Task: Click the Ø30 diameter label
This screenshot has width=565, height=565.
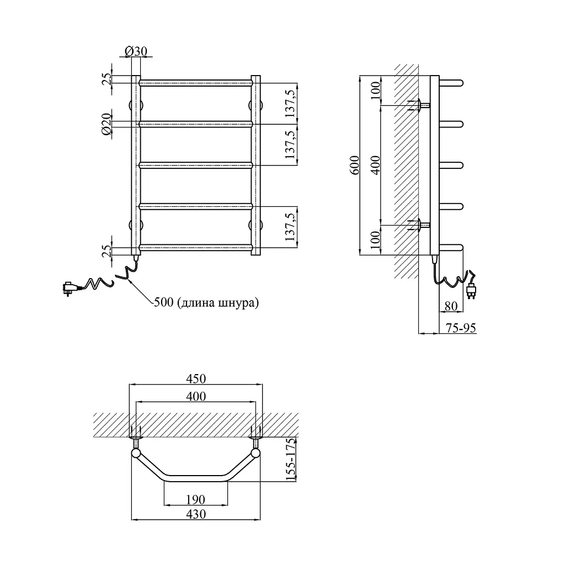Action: coord(136,51)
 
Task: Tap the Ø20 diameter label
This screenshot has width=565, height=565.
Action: coord(106,124)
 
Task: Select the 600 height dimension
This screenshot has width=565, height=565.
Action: coord(355,165)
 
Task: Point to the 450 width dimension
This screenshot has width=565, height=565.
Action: coord(196,379)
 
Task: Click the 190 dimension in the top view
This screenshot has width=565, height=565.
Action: coord(196,499)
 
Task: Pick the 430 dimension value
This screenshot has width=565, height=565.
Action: coord(196,514)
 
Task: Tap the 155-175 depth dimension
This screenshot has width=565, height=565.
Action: coord(290,459)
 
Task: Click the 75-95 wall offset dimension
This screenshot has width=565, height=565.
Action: coord(461,328)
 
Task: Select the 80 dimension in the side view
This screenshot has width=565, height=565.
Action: coord(451,306)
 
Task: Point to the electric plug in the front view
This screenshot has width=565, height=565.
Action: coord(70,288)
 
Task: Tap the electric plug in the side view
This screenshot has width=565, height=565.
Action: coord(471,290)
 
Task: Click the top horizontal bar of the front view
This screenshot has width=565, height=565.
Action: coord(196,83)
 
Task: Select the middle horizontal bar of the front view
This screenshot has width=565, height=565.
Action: coord(196,166)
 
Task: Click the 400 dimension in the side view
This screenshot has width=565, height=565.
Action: coord(375,165)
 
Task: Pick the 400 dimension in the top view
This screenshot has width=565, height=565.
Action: coord(196,396)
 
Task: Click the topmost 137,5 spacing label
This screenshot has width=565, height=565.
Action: coord(290,103)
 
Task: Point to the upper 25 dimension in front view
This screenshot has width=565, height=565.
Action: coord(106,79)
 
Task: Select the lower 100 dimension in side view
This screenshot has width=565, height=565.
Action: coord(375,239)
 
